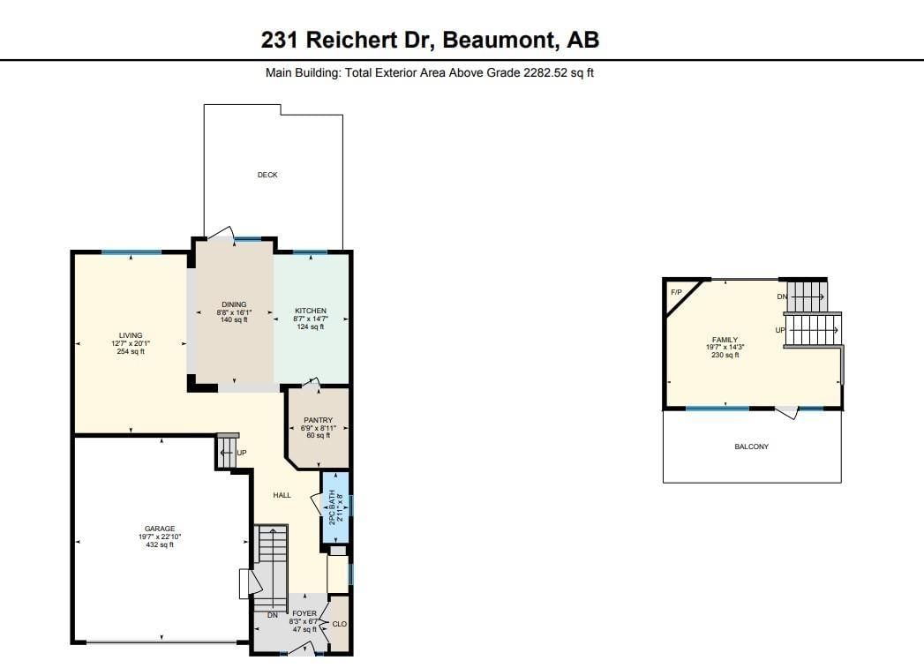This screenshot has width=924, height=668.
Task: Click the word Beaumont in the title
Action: pos(498,40)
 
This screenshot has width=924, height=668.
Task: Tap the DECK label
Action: pos(267,175)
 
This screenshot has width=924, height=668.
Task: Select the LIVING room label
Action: pos(131,335)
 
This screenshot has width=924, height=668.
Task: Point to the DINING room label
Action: pos(234,304)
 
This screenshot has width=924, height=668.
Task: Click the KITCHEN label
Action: pos(311,311)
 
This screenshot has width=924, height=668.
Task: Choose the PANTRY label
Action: pos(319,420)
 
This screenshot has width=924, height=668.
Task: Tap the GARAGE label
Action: pos(160,529)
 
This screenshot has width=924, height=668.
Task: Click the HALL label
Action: pos(282,495)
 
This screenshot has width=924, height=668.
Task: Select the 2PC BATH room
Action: pos(334,507)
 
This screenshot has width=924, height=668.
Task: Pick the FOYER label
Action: pos(304,613)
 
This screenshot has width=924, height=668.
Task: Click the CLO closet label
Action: pos(340,624)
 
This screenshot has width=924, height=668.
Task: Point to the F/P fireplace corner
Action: pos(677,292)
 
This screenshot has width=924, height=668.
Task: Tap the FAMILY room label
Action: pos(725,340)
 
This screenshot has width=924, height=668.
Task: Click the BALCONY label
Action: pos(751,447)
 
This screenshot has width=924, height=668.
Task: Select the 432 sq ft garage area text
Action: pos(160,544)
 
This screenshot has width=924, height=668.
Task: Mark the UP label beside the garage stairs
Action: pos(242,453)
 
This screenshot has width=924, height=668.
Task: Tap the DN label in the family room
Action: pos(782,296)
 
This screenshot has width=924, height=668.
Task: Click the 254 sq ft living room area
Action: pos(131,352)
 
